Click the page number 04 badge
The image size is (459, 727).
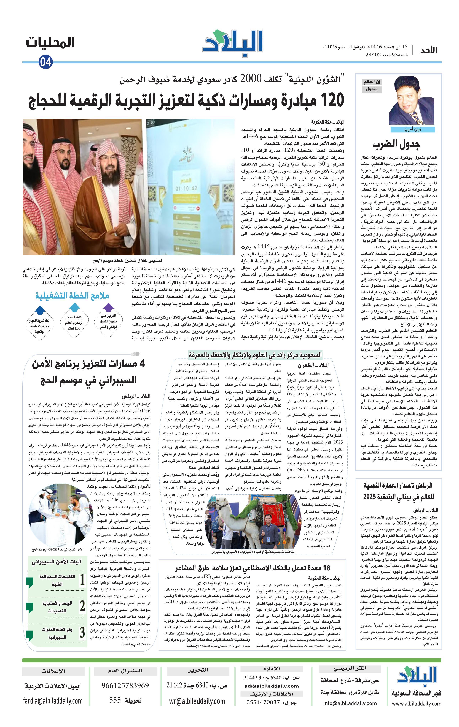tap(45, 62)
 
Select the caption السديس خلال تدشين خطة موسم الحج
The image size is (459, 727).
tap(128, 260)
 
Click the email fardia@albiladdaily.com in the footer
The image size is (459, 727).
tap(53, 701)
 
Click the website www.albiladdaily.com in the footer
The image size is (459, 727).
tap(416, 703)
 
